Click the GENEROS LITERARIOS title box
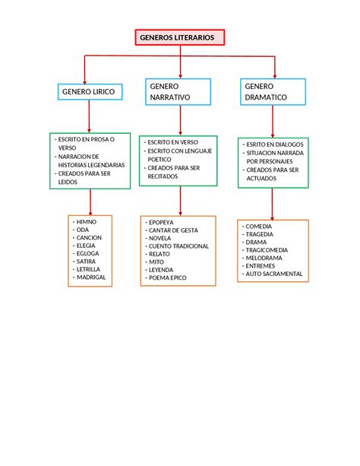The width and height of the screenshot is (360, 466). [x=179, y=38]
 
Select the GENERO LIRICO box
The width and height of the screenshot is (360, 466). [x=89, y=91]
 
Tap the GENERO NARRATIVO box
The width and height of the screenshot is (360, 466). [x=179, y=93]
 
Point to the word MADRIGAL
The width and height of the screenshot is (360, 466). [x=91, y=277]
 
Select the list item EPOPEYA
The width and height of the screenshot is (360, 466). [x=161, y=222]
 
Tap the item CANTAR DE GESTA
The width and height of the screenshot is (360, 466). [x=173, y=230]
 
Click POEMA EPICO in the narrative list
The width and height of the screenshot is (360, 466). [x=168, y=278]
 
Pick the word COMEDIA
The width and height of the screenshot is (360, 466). [x=259, y=226]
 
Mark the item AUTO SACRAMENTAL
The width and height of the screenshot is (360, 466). [x=274, y=274]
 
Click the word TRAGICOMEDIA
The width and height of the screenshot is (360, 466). [x=266, y=250]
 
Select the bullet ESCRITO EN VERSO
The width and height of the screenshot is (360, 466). [x=172, y=142]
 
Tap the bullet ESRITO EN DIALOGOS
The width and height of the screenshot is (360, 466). [x=274, y=144]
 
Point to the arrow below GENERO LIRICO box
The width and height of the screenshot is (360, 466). [x=90, y=115]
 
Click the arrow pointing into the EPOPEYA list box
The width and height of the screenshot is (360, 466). [x=180, y=201]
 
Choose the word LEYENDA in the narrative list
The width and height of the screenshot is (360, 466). [x=161, y=270]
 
